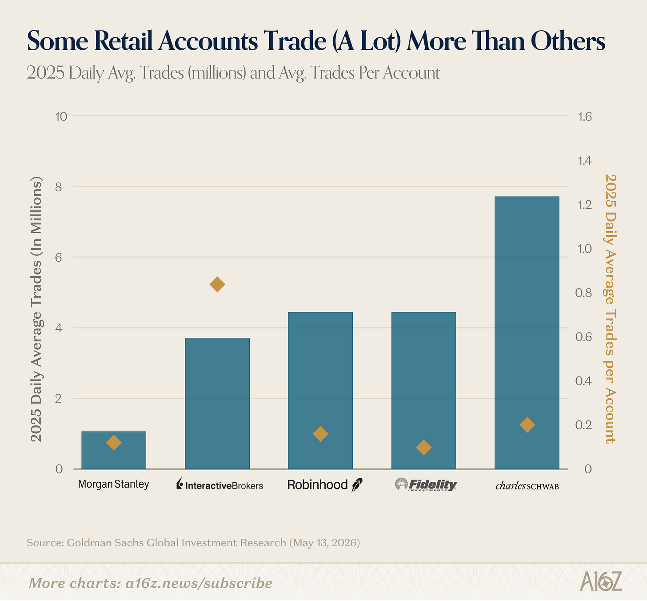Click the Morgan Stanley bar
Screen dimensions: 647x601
pos(114,450)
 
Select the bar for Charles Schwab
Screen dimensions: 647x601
pos(527,333)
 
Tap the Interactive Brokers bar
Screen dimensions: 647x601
pos(217,404)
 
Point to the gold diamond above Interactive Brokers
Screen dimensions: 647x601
pos(217,284)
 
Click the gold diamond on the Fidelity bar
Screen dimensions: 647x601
pos(424,447)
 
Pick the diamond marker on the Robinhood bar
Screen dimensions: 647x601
pos(320,434)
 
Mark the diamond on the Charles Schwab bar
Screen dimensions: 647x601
pos(527,425)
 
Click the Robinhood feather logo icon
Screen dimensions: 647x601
pos(357,485)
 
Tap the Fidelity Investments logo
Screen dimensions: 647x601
pos(426,485)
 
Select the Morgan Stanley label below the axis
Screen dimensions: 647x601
pos(113,484)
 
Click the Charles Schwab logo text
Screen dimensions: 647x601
pos(527,485)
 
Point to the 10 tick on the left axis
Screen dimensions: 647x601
pos(61,116)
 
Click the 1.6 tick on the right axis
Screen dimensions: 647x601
pos(585,116)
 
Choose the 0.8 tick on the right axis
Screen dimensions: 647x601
pos(583,292)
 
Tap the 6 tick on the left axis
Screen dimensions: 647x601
pos(59,257)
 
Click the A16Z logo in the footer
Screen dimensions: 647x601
pos(601,581)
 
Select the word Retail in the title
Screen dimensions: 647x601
pos(124,41)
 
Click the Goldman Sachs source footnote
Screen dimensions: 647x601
pos(193,543)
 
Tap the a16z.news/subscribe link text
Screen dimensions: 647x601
pos(199,583)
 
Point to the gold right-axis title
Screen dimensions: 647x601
pos(610,309)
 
